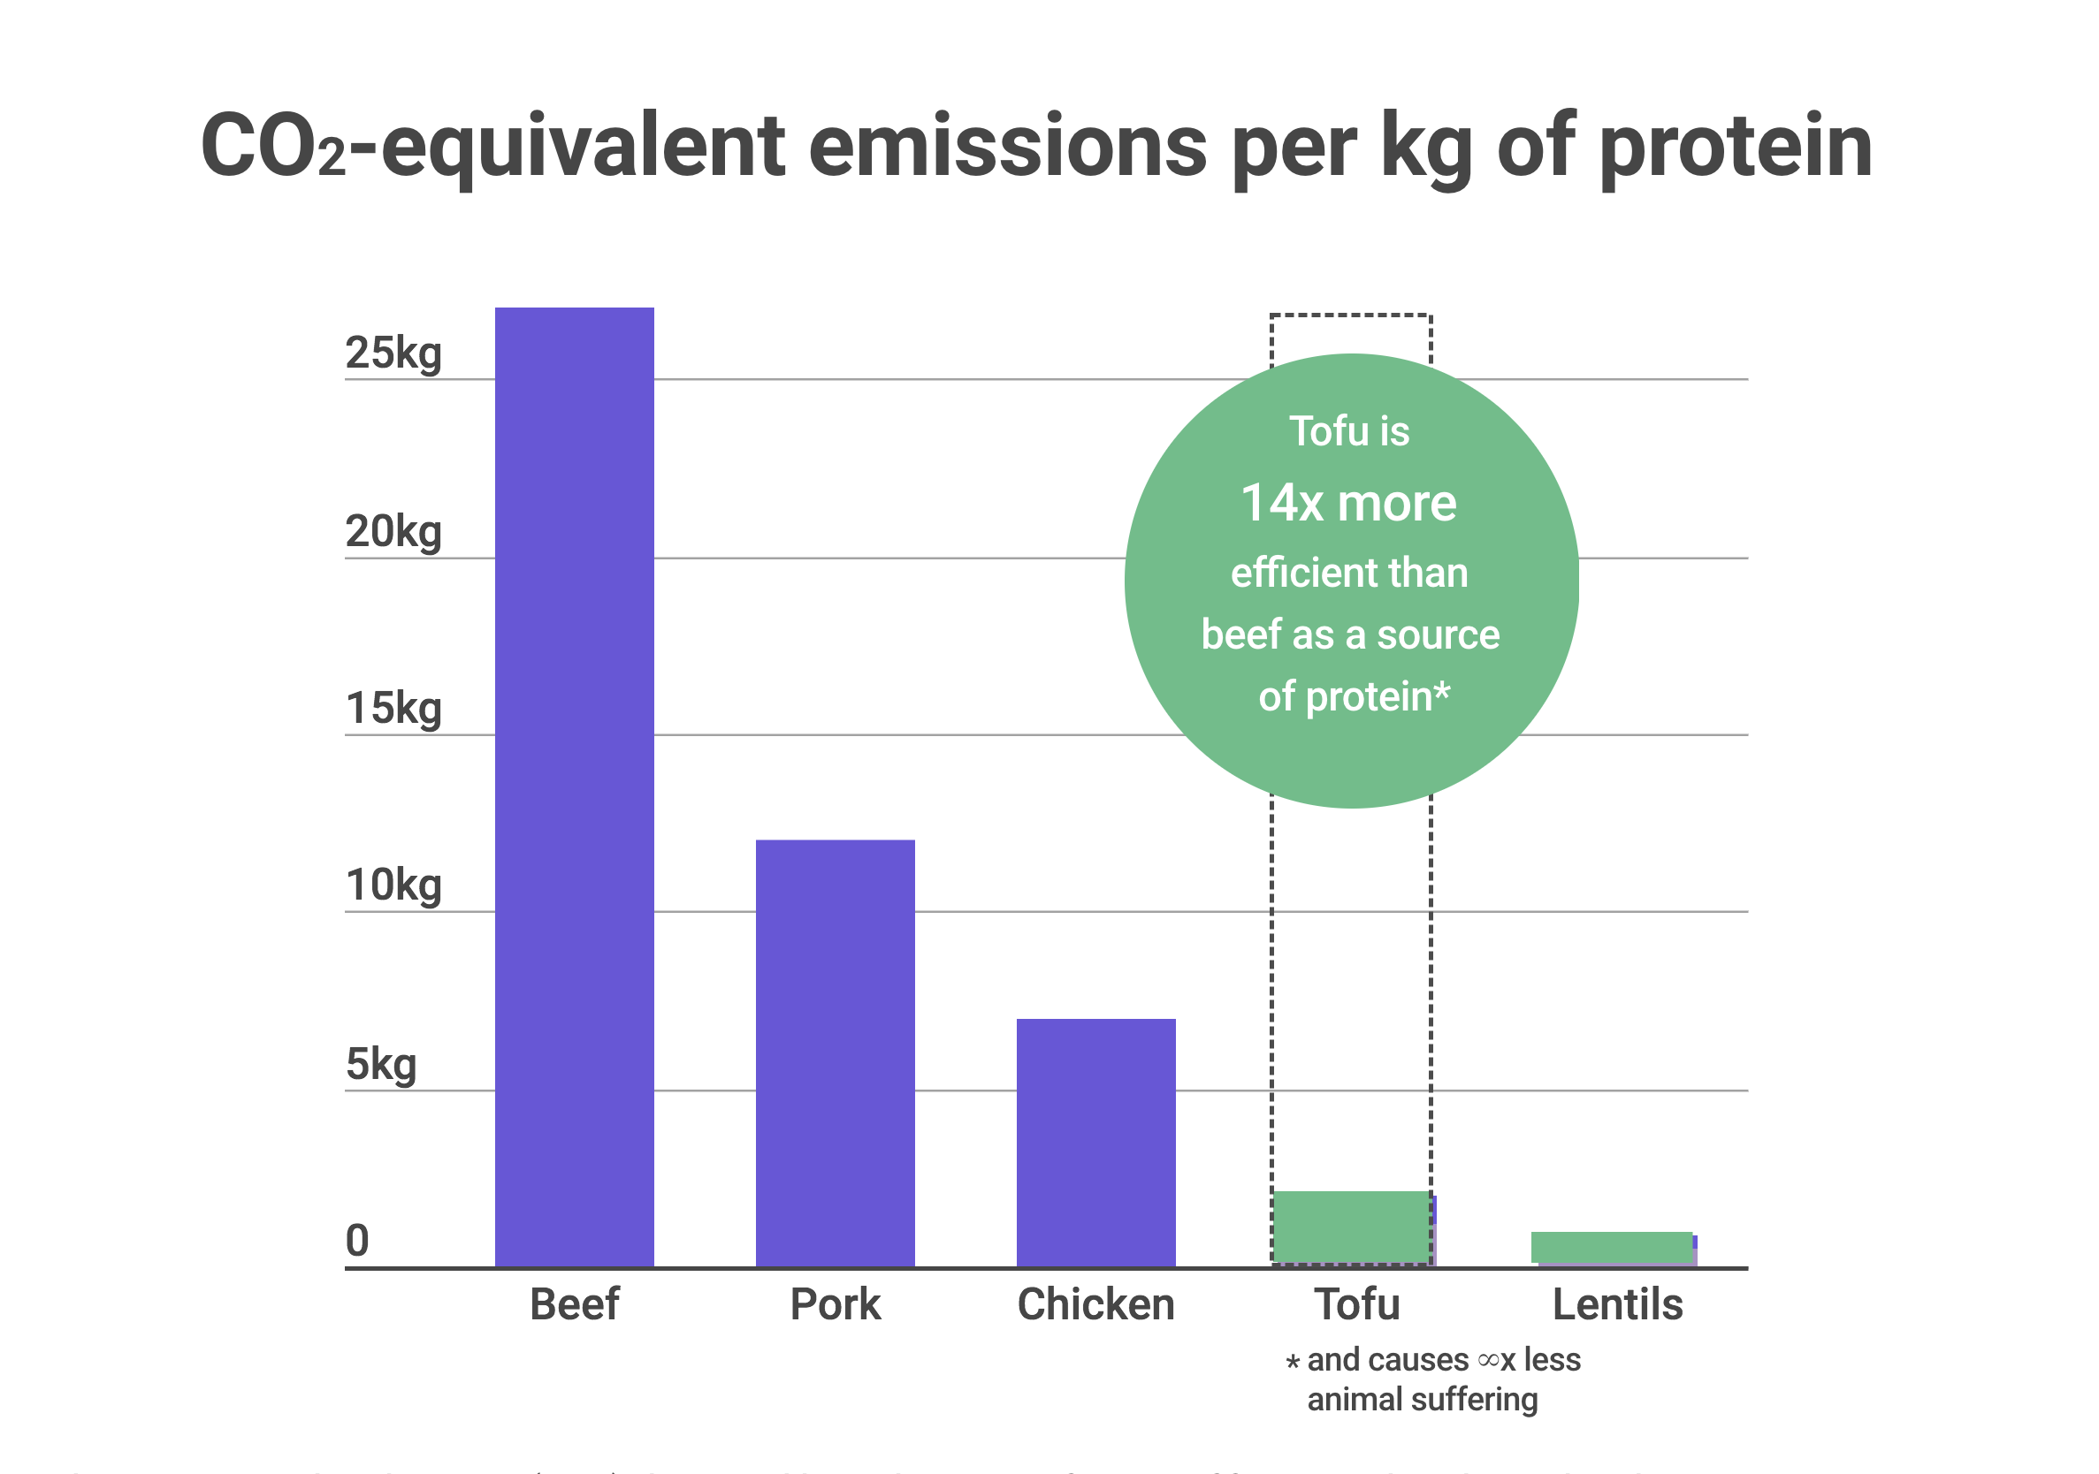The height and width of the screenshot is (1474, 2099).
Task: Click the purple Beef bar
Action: [x=574, y=786]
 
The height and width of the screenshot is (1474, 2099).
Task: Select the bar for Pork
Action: [x=835, y=1052]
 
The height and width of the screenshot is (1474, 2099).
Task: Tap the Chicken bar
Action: [x=1095, y=1142]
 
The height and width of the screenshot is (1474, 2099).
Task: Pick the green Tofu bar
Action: [x=1351, y=1227]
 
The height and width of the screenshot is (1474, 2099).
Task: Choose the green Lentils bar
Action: [x=1611, y=1247]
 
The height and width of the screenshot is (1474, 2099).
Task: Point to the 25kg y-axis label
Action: [x=393, y=353]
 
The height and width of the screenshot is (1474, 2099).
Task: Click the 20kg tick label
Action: [x=393, y=532]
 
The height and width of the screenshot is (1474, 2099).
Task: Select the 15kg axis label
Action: [x=393, y=709]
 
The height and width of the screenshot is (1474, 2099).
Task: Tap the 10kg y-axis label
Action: [x=393, y=886]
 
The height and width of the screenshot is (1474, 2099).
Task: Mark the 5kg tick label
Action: [x=380, y=1066]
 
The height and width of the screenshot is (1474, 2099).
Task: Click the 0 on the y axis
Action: [x=357, y=1241]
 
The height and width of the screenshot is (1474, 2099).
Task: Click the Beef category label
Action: [x=574, y=1304]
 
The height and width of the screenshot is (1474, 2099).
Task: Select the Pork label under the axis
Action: [x=835, y=1304]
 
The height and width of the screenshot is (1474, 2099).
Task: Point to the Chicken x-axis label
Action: [x=1095, y=1304]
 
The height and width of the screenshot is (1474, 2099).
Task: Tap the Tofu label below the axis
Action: [x=1356, y=1304]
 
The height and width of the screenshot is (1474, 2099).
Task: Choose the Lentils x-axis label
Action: [x=1617, y=1304]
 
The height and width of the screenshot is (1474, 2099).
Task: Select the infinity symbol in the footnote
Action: [x=1488, y=1361]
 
